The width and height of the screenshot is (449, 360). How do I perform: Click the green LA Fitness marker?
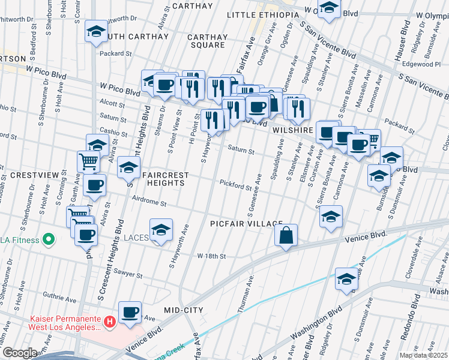[49, 241]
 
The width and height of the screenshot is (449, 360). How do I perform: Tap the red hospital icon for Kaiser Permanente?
[109, 323]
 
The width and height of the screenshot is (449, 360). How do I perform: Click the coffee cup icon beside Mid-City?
[130, 312]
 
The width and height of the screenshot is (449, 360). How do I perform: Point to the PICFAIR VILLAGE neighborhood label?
[246, 224]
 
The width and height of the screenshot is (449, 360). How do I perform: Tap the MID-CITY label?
[184, 310]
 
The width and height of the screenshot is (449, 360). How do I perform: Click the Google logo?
[20, 353]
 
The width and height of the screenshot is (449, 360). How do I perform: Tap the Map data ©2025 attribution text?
[424, 355]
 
